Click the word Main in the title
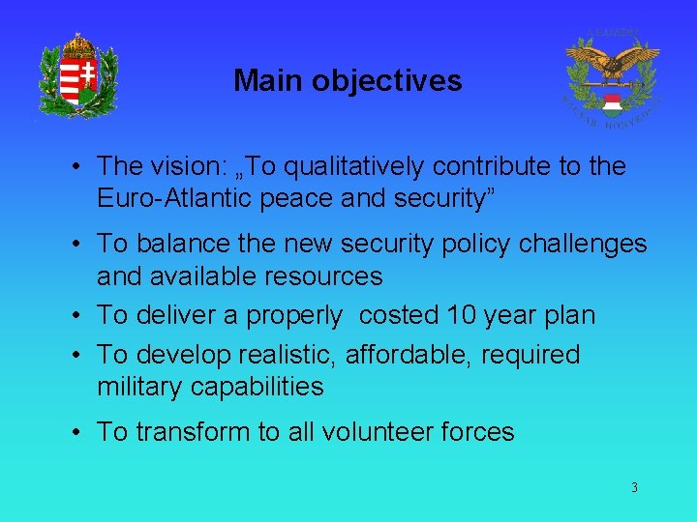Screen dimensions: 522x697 click(x=268, y=80)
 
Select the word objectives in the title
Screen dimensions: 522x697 click(x=387, y=80)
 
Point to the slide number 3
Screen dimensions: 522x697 click(x=634, y=488)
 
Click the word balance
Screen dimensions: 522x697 click(x=177, y=245)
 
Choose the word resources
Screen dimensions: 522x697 click(x=316, y=276)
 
